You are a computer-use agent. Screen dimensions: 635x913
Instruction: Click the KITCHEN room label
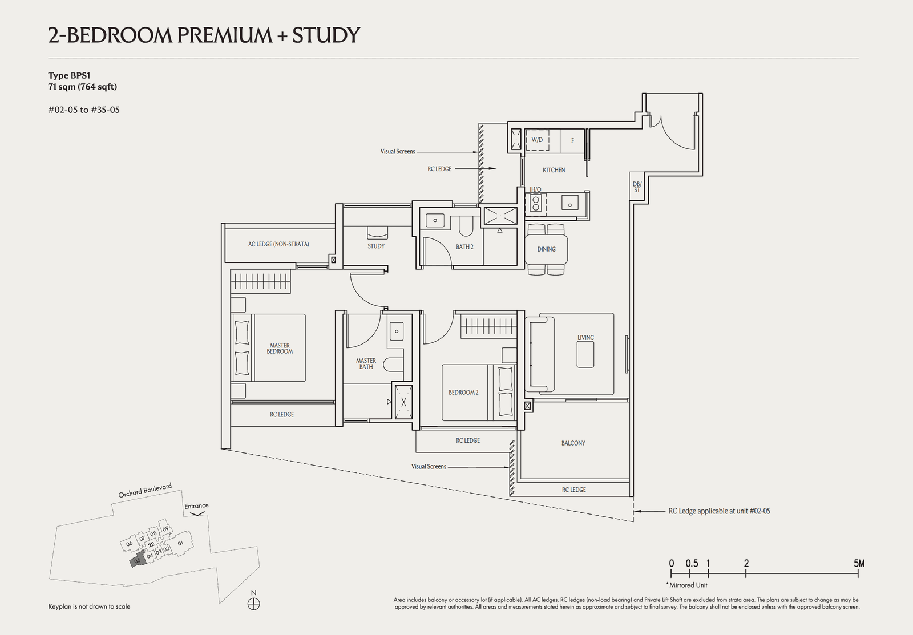tap(554, 170)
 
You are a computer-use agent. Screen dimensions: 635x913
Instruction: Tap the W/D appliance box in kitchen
tap(537, 140)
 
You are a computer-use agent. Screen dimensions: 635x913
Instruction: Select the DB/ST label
tap(637, 187)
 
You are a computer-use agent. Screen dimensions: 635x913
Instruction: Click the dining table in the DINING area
tap(546, 249)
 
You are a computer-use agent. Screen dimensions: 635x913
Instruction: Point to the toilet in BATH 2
tap(464, 227)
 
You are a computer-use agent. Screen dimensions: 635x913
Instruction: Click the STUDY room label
tap(376, 246)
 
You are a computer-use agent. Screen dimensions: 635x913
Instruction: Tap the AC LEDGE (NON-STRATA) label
tap(278, 244)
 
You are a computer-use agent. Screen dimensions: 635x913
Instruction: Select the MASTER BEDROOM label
tap(280, 348)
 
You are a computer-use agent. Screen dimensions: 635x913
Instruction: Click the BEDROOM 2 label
tap(463, 393)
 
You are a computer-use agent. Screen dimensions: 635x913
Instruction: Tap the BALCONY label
tap(573, 443)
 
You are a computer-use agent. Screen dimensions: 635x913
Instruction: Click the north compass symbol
tap(254, 604)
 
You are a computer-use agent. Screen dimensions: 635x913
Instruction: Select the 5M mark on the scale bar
tap(859, 564)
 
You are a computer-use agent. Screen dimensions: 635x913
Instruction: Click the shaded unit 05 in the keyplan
tap(137, 561)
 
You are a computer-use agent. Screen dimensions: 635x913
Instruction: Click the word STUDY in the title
tap(326, 35)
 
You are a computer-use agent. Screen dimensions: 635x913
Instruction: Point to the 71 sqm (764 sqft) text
tap(83, 87)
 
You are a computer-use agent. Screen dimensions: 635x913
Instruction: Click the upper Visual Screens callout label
tap(398, 152)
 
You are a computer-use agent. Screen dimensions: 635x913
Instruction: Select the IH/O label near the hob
tap(535, 189)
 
